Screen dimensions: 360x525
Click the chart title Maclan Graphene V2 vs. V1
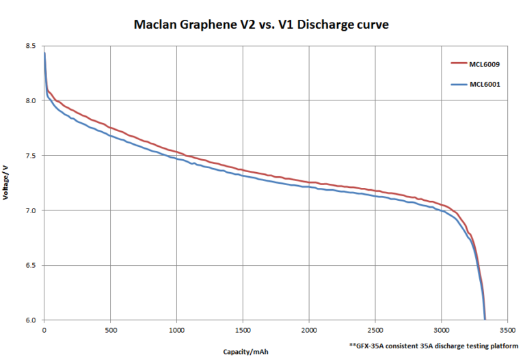[x=262, y=25]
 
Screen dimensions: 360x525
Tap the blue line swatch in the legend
[x=457, y=84]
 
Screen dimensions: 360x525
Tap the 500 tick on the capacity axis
[x=110, y=329]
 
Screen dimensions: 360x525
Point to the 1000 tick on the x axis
[x=176, y=329]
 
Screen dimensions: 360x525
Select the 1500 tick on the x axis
[x=243, y=329]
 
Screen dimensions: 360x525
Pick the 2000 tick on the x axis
[x=309, y=329]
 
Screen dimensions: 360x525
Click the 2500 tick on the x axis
[x=375, y=329]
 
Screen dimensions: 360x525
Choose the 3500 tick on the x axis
[x=507, y=329]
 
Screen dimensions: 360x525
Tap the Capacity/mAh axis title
[x=245, y=352]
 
